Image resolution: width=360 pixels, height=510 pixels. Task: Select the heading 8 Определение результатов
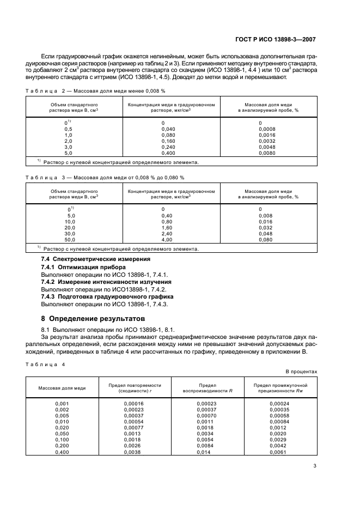click(94, 318)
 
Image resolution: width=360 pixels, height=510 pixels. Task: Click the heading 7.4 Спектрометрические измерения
click(96, 259)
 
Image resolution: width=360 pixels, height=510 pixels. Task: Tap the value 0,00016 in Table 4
click(129, 403)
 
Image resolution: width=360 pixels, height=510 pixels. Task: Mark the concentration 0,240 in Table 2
click(169, 147)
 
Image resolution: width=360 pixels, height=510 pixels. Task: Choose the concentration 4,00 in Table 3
click(167, 239)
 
